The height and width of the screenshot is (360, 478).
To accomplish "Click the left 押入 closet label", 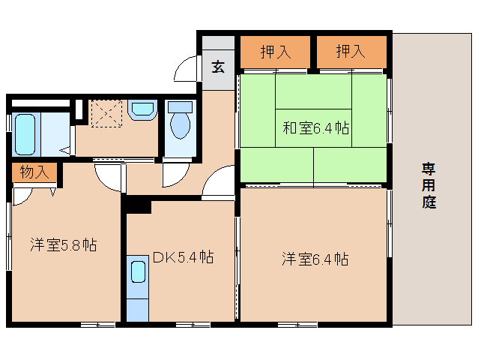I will point(275,52).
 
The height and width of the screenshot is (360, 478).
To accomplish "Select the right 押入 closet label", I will point(351,52).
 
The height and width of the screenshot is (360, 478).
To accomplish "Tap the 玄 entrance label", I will point(217,67).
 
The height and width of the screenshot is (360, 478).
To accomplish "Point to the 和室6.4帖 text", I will point(315,127).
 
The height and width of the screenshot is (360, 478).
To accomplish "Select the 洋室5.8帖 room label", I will point(63,244).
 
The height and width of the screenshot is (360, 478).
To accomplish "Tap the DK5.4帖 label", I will point(183,257).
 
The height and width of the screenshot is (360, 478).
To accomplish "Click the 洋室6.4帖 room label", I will point(315,259).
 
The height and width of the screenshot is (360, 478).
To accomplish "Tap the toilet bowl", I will point(180,124).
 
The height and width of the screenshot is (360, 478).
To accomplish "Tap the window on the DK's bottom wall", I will point(192,324).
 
